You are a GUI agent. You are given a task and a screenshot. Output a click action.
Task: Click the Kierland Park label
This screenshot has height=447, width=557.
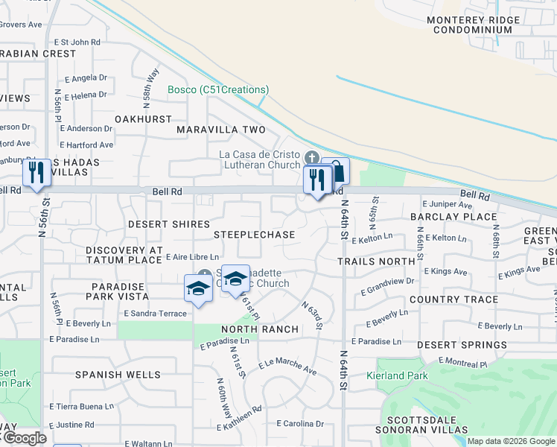(397, 376)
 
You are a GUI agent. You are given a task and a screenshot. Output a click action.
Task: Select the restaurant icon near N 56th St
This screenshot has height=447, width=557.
(36, 173)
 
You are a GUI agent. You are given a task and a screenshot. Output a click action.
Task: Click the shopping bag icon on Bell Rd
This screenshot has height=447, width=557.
(338, 171)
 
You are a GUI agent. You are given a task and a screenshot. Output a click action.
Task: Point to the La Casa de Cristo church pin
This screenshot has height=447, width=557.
(312, 158)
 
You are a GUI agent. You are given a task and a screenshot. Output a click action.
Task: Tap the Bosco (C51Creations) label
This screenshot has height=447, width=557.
(217, 89)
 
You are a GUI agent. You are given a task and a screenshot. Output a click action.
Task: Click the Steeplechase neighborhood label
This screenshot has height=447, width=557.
(254, 235)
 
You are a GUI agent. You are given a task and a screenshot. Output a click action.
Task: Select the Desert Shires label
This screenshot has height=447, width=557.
(168, 224)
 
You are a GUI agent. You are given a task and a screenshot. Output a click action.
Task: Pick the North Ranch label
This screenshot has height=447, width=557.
(260, 329)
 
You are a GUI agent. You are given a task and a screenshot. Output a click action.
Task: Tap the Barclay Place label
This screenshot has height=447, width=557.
(453, 217)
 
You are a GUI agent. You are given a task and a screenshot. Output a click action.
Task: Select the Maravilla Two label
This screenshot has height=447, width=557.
(221, 130)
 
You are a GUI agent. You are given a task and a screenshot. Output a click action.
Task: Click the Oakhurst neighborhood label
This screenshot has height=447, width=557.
(143, 119)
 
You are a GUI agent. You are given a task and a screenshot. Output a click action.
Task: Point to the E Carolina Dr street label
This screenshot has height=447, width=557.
(300, 423)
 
